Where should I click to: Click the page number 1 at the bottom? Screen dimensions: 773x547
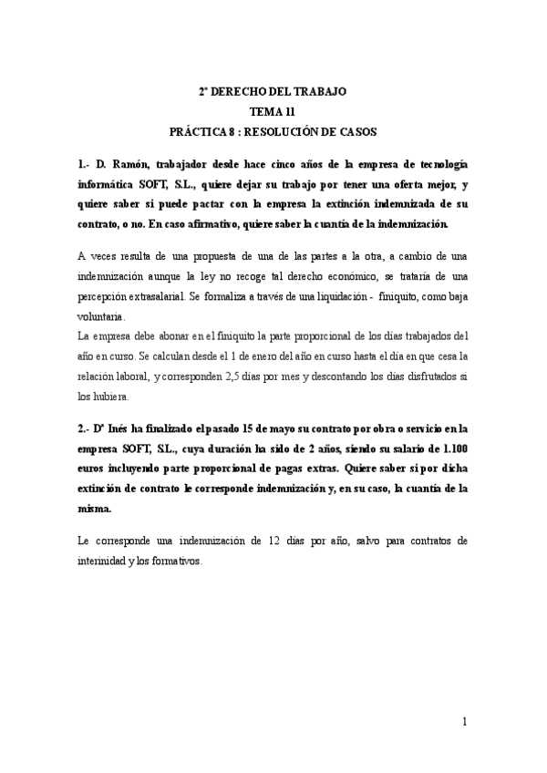(x=464, y=722)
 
